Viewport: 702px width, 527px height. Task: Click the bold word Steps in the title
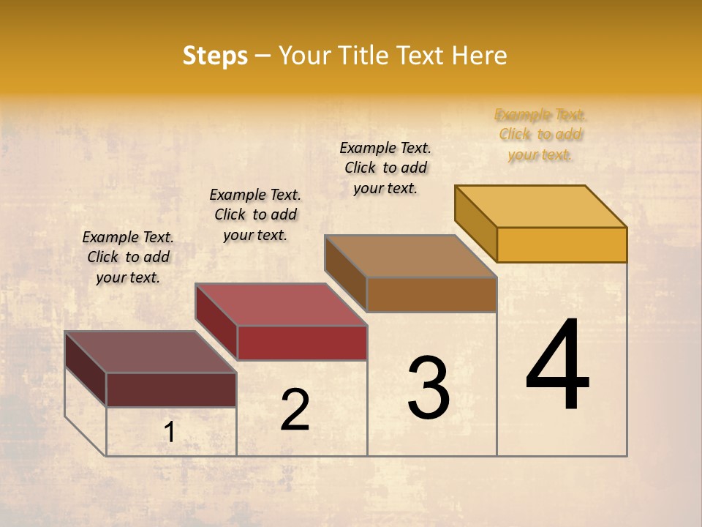point(215,56)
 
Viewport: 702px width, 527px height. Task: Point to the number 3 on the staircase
point(429,388)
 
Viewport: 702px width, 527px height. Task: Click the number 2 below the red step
point(295,410)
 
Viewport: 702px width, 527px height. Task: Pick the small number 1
point(170,433)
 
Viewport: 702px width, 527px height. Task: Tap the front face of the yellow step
point(562,244)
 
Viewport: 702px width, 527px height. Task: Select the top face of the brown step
point(410,255)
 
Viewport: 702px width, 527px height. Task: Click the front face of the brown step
point(431,294)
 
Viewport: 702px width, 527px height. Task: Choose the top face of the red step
point(281,304)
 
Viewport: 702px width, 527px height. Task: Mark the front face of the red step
point(302,343)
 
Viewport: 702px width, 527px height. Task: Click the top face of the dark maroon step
point(150,351)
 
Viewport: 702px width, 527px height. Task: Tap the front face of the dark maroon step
point(171,389)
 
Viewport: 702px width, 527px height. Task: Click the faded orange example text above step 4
point(540,135)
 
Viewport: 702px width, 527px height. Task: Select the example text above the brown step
point(385,168)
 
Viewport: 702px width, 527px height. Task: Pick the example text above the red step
point(255,214)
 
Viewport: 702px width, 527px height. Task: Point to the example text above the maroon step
point(128,257)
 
